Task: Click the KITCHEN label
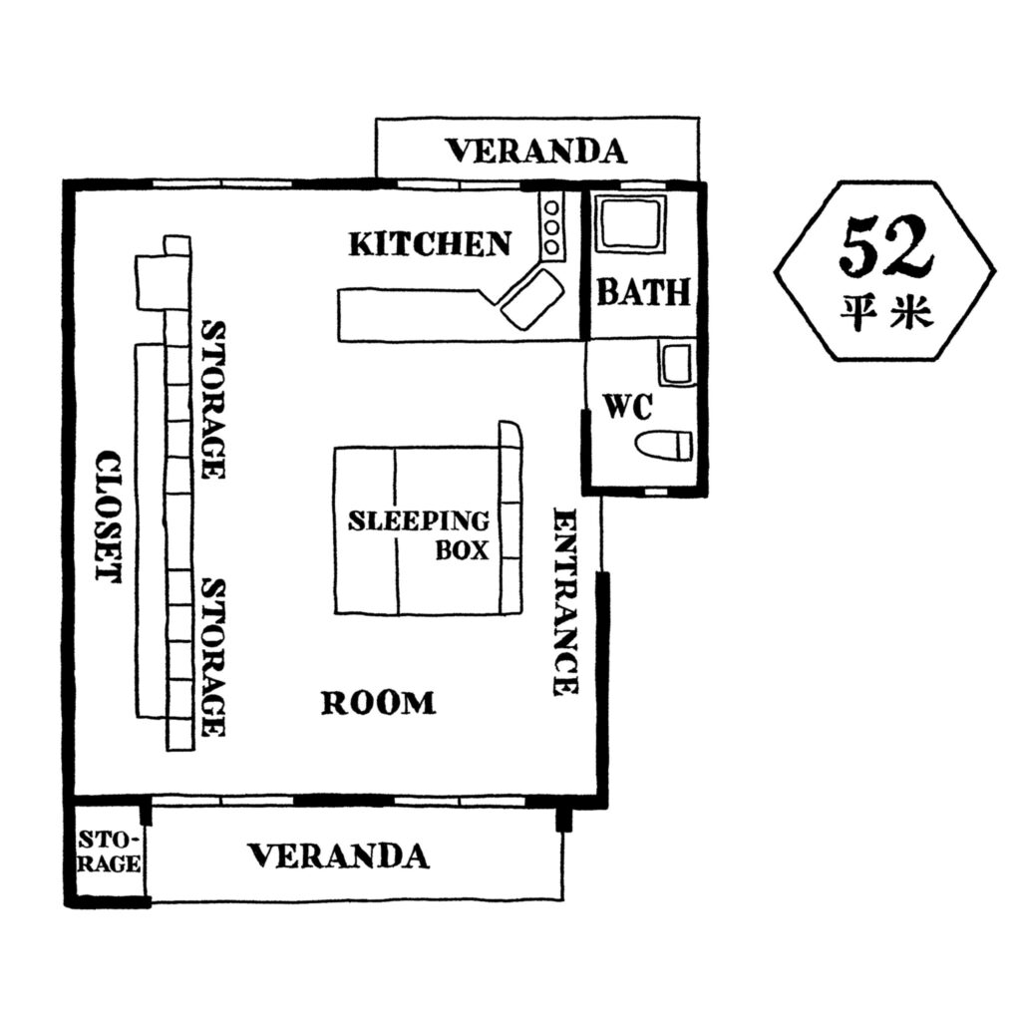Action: (x=430, y=244)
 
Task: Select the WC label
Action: (x=628, y=407)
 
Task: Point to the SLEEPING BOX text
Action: (x=419, y=535)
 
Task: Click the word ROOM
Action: (x=378, y=703)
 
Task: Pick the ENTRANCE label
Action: (x=565, y=601)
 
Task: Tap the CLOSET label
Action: (x=108, y=516)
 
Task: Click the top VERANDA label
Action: (x=535, y=152)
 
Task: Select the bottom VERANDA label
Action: (x=339, y=855)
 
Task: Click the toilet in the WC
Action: (x=663, y=446)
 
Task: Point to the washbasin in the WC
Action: (x=676, y=362)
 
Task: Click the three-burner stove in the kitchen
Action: (x=551, y=228)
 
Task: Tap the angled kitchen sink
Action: (x=532, y=299)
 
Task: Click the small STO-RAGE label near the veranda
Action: (x=109, y=851)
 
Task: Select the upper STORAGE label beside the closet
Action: (x=212, y=400)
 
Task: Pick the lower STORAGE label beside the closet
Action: (x=212, y=658)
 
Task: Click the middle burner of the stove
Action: (x=551, y=228)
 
